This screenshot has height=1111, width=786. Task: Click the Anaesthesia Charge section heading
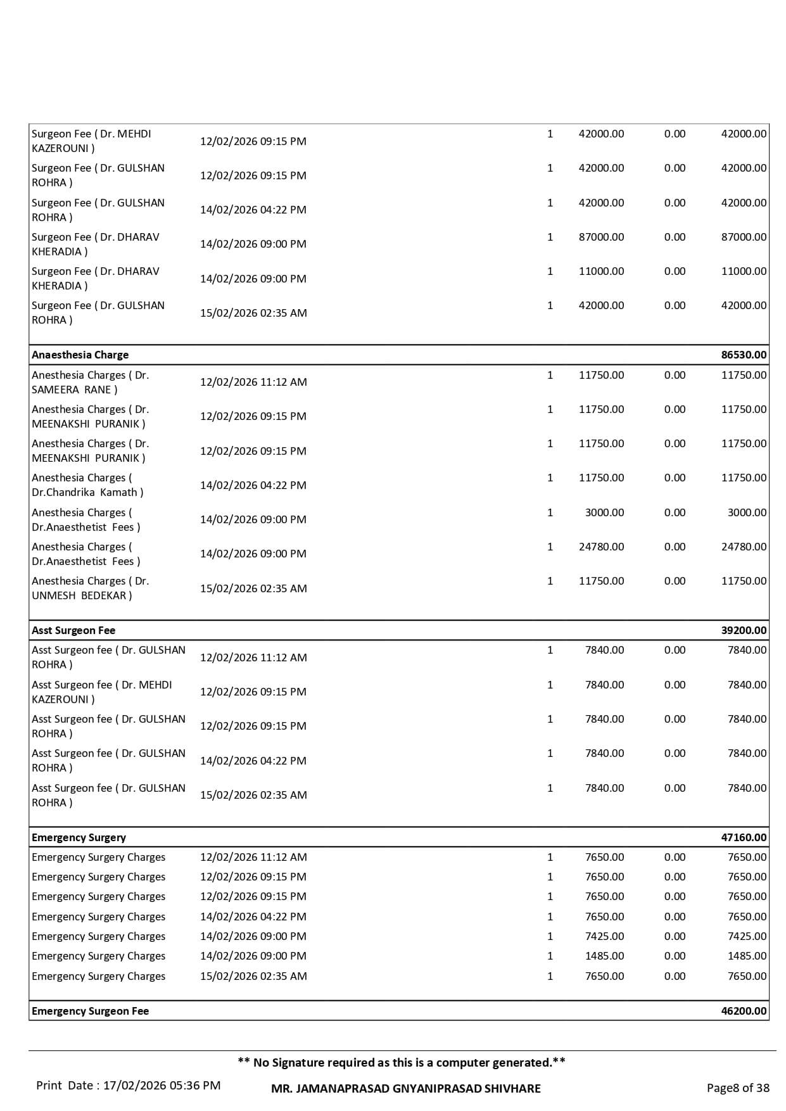click(x=80, y=355)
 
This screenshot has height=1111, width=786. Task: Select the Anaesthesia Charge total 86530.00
click(x=743, y=355)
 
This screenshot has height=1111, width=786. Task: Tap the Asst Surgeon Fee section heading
click(x=73, y=630)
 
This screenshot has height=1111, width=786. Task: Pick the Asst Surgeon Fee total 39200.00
click(x=743, y=630)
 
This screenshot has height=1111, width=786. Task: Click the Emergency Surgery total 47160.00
click(x=743, y=837)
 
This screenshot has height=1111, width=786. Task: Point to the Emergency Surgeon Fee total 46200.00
click(x=743, y=1011)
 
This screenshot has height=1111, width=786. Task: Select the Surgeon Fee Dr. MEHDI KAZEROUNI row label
click(x=91, y=141)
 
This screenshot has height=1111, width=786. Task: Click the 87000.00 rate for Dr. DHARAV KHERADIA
click(x=600, y=237)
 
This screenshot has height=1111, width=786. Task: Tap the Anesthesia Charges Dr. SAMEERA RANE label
click(x=90, y=382)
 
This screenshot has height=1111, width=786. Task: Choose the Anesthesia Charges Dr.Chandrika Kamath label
click(x=87, y=485)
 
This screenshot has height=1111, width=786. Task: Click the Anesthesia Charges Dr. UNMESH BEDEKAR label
click(x=90, y=588)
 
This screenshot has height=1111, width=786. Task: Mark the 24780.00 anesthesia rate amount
click(x=600, y=547)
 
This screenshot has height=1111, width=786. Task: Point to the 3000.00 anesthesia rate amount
click(x=604, y=512)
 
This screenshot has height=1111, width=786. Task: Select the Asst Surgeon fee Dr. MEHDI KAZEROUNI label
click(x=101, y=692)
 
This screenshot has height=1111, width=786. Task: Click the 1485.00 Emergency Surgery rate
click(x=604, y=956)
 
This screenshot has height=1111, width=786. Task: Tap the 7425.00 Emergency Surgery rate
click(x=604, y=936)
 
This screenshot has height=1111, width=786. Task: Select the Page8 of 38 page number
click(x=737, y=1088)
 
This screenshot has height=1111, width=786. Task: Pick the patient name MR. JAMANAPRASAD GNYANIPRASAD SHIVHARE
click(x=405, y=1088)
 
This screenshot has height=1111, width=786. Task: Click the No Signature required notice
click(x=401, y=1062)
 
